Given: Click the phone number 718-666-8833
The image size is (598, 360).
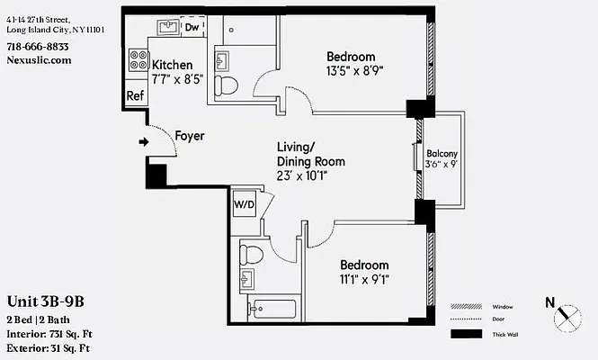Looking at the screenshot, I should pos(37,47).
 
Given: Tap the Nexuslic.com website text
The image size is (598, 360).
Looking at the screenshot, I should pos(38,60).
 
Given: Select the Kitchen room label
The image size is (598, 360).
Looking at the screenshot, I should pos(172,65).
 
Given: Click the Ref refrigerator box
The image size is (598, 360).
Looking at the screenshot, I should pos(135,95).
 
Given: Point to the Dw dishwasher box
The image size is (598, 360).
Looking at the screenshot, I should pos(192,28).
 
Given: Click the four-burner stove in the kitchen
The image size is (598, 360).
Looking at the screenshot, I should pos(139,60).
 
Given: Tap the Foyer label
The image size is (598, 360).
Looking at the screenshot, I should pos(189,137).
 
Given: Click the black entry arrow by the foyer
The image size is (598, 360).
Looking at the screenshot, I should pos(143,141).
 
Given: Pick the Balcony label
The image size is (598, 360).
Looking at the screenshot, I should pos(442,153).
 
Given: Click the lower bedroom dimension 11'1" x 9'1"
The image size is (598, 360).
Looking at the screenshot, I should pos(364,280).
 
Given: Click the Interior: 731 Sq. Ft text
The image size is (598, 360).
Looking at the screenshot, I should pos(50,333).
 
